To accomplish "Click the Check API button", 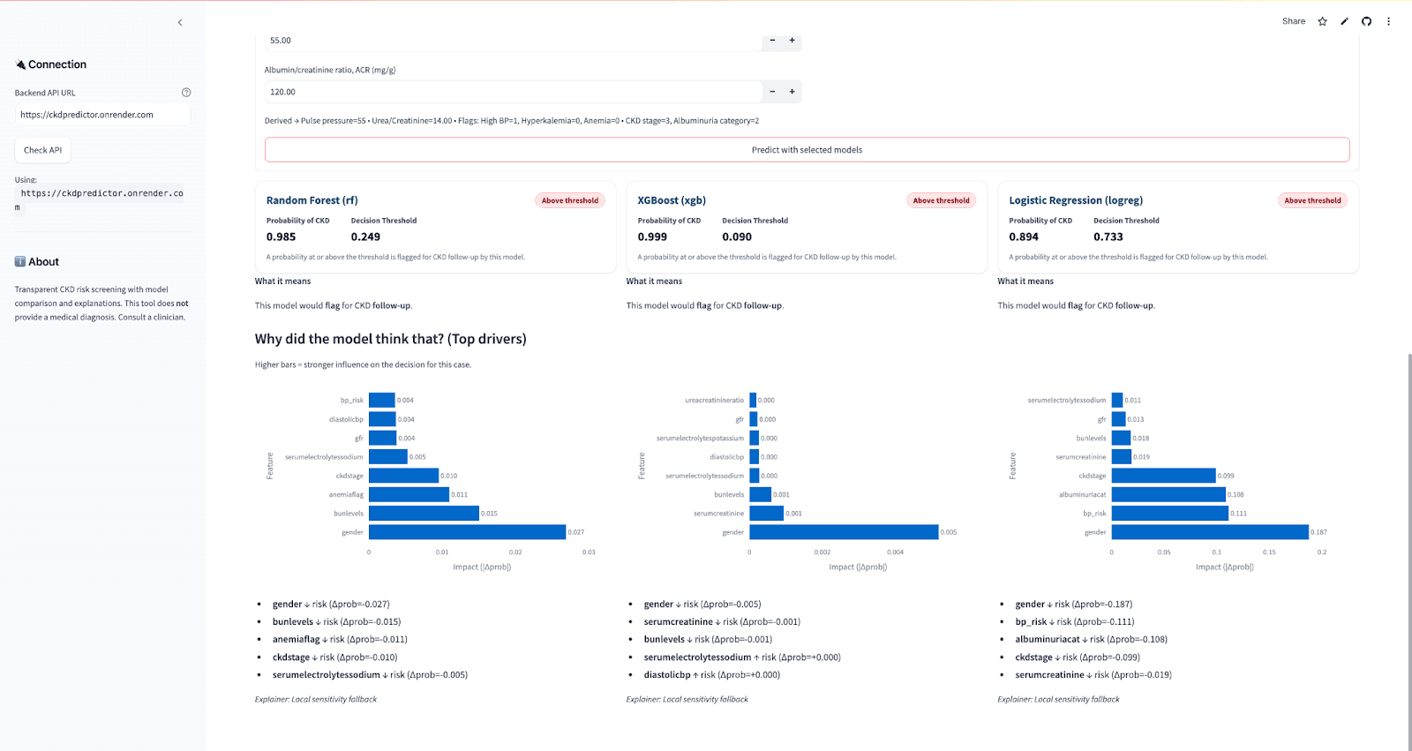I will click(42, 150).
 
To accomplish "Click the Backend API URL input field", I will click(102, 115).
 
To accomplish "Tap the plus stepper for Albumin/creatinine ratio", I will click(792, 92).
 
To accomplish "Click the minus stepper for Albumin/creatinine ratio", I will click(772, 92).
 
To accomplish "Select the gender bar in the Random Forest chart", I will click(467, 532).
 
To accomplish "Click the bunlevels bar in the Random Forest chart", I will click(424, 514).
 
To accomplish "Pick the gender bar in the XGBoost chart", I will click(843, 532).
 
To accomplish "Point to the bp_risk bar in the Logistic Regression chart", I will click(1169, 514).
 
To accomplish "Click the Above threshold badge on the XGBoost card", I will click(941, 200).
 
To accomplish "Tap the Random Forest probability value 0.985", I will click(281, 237).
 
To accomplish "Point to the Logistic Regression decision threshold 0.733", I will click(1108, 237).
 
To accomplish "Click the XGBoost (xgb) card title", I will click(672, 200).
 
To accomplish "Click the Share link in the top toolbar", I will click(1293, 21).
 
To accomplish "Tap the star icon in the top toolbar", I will click(1322, 21).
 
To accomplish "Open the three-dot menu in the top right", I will click(1388, 21).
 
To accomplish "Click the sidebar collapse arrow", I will click(180, 23).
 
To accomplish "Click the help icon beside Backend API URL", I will click(186, 93).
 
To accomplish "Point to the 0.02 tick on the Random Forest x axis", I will click(515, 552).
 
